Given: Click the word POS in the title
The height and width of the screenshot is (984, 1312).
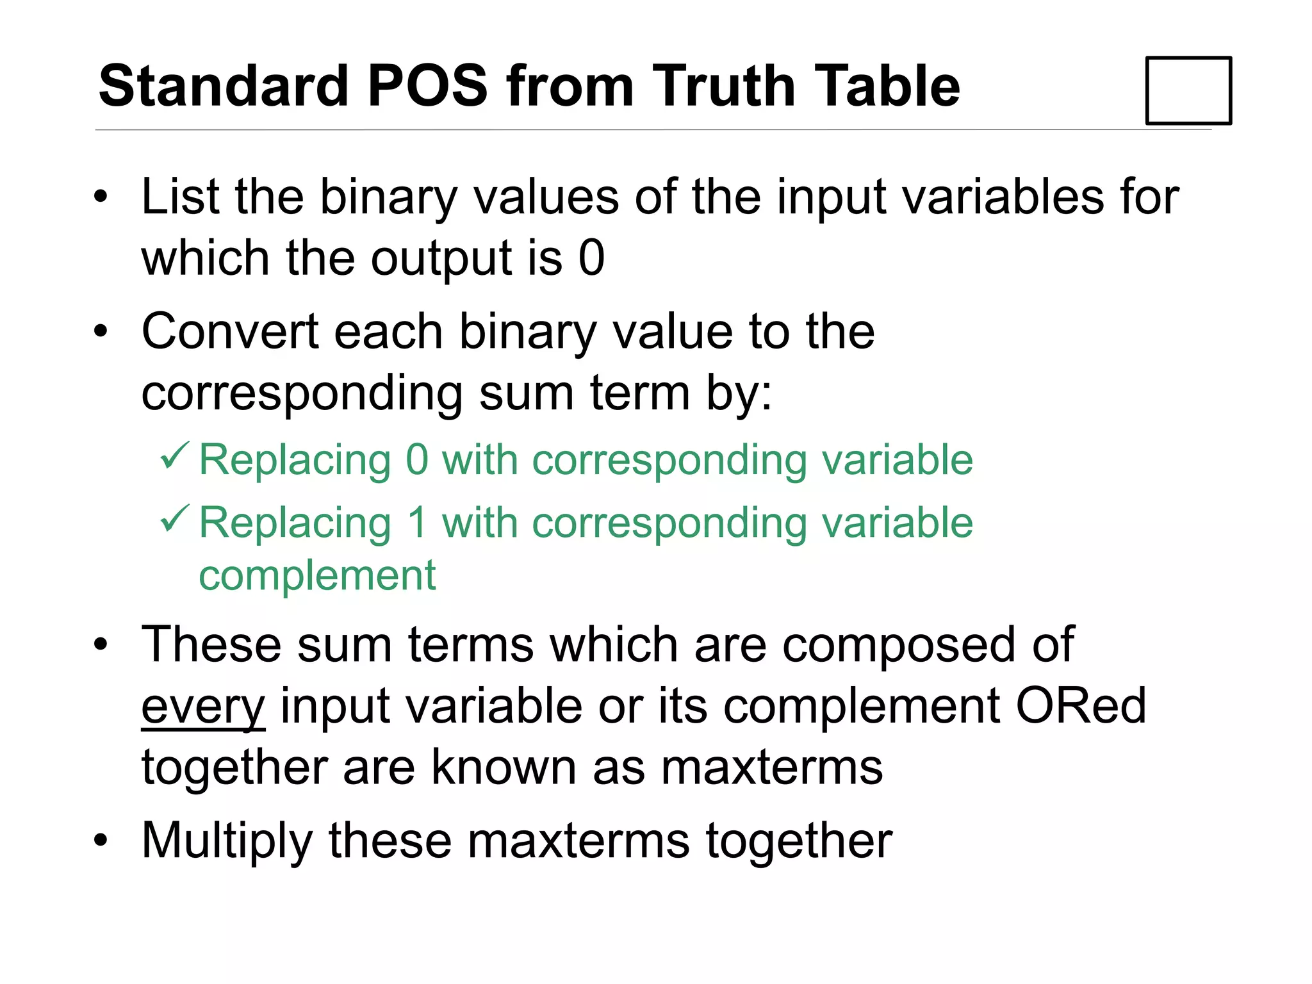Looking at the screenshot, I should [x=427, y=86].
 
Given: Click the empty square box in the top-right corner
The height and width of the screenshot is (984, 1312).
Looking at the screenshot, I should [x=1188, y=90].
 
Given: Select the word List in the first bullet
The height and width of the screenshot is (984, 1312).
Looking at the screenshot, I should [x=181, y=197].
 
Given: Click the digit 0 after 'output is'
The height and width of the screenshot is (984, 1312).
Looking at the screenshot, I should [x=591, y=258].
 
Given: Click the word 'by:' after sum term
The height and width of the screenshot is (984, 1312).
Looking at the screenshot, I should [x=739, y=393].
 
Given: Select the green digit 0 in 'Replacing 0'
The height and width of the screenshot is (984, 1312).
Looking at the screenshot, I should [x=417, y=460].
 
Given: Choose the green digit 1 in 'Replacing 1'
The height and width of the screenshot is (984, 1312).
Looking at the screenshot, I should [x=417, y=523].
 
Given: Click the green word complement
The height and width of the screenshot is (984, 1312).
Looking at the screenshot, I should [x=317, y=575].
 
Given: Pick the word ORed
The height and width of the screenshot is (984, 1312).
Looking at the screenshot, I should [x=1081, y=706].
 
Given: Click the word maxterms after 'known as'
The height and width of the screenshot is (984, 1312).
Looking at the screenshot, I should [x=772, y=767].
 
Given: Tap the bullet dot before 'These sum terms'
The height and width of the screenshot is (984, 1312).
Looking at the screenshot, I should [x=101, y=644].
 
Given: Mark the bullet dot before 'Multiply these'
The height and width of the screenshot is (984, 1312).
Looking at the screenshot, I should [x=101, y=840].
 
